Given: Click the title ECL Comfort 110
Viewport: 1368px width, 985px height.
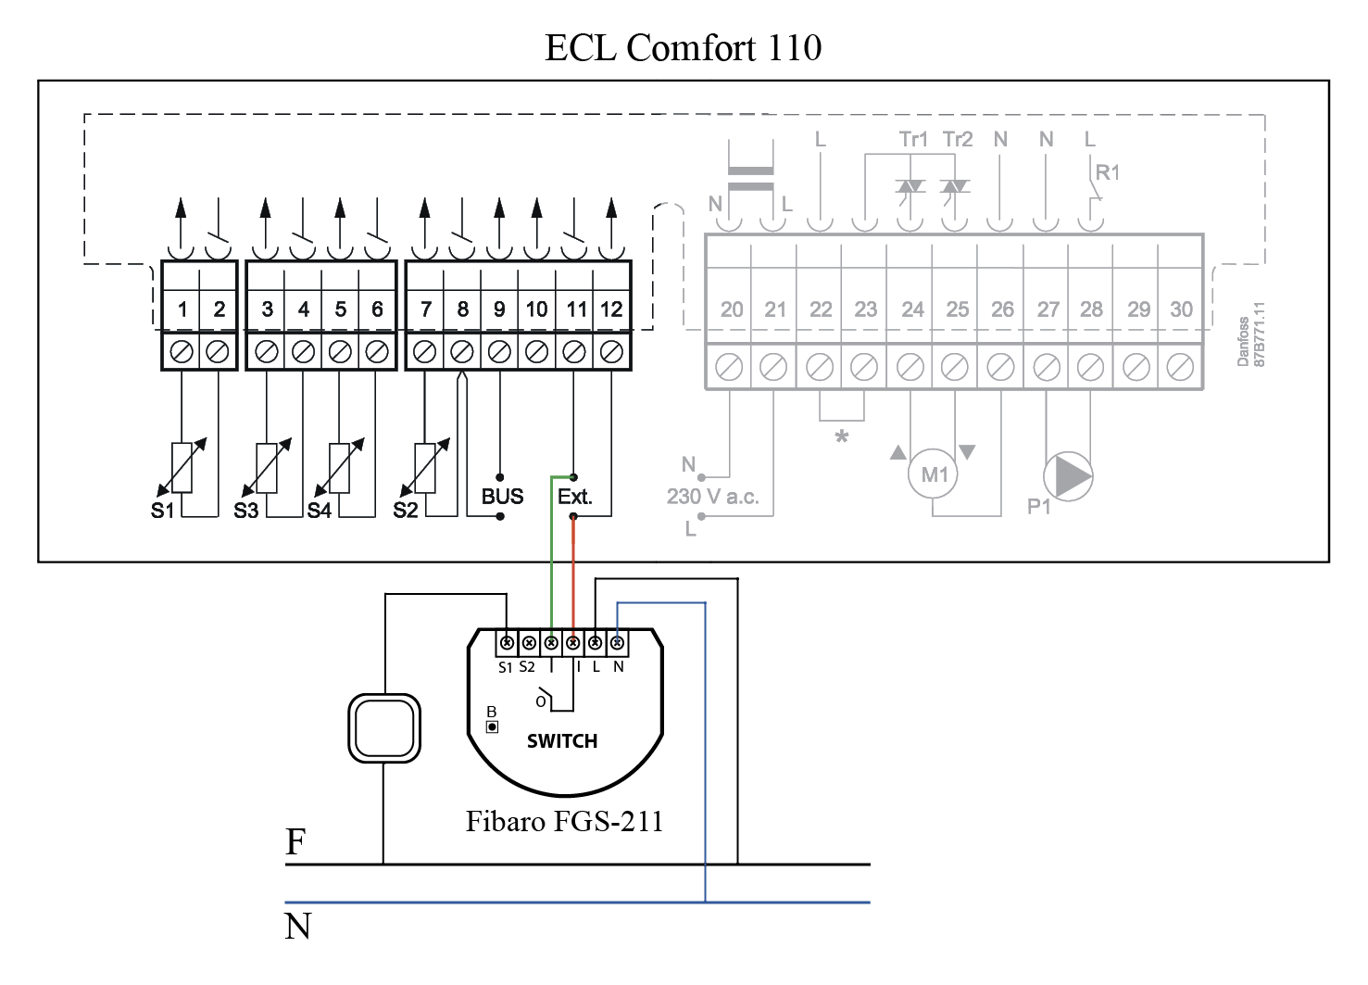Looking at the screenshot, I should [x=683, y=48].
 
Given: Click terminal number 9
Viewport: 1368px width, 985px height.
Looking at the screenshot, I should [x=499, y=309].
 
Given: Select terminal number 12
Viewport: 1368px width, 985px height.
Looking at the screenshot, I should [x=611, y=309].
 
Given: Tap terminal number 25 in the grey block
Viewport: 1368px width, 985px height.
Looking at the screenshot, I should [x=957, y=309].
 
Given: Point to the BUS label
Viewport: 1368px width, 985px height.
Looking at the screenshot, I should [x=502, y=497].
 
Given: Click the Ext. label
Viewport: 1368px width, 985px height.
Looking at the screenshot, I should [x=574, y=497].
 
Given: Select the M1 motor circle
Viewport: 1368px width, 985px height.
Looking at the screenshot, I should [x=934, y=475].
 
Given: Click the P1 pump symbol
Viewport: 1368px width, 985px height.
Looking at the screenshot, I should [x=1069, y=476].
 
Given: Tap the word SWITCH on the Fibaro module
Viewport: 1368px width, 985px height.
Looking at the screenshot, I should [x=562, y=741].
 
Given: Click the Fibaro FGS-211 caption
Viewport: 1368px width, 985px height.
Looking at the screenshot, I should [x=564, y=822].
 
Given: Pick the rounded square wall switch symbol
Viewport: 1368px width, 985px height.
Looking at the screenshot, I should [x=384, y=728].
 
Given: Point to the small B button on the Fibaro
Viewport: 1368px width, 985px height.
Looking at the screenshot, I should [x=493, y=726].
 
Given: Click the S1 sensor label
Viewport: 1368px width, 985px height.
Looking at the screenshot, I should [x=163, y=511].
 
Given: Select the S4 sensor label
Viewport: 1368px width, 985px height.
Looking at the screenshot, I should [x=320, y=511].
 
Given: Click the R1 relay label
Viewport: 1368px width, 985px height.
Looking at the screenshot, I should [x=1108, y=172].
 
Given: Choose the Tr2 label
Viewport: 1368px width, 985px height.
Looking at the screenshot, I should [x=958, y=139].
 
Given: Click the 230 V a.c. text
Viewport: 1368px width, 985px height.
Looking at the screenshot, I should [x=712, y=497].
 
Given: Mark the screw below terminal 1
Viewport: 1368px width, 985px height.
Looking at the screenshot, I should [x=182, y=352].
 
